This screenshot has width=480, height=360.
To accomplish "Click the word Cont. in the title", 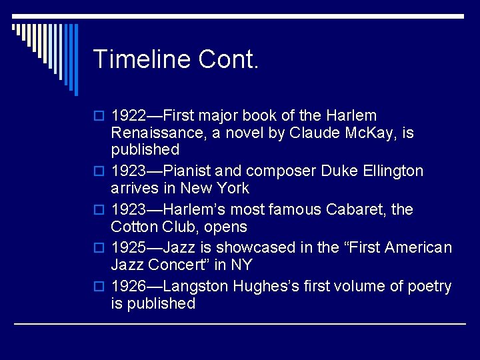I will [x=228, y=59].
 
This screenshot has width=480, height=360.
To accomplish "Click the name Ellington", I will [x=394, y=171].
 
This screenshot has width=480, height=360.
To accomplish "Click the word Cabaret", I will [x=361, y=209].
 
